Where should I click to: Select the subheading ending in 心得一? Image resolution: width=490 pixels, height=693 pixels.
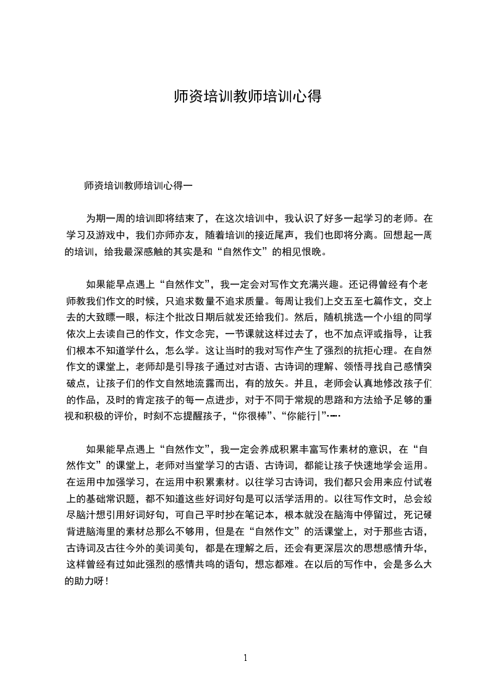140,185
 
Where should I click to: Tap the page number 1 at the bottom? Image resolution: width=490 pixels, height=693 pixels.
245,657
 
